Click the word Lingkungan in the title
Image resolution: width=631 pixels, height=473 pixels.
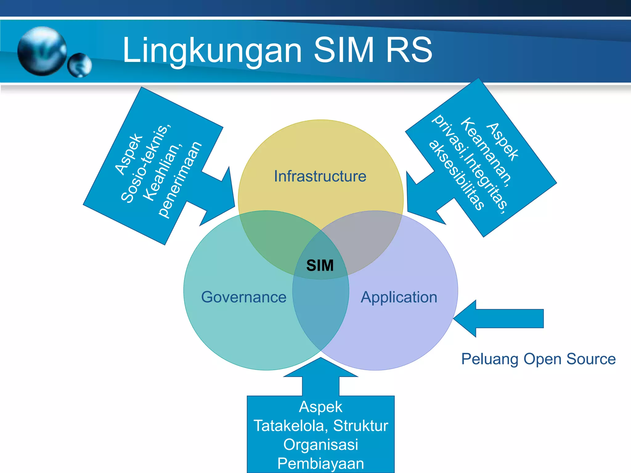click(212, 50)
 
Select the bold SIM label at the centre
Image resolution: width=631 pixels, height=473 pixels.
click(320, 265)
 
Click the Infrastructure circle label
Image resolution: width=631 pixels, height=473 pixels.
click(320, 176)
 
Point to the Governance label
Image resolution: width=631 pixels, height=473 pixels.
click(244, 297)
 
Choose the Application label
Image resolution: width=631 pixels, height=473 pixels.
click(399, 297)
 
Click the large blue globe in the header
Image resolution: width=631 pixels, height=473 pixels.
click(42, 51)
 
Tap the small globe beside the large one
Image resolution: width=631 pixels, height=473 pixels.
click(80, 65)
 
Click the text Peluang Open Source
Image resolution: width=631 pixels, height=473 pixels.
click(538, 359)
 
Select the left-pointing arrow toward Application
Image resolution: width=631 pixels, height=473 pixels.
click(499, 318)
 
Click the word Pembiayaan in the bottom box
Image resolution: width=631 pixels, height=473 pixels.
click(320, 463)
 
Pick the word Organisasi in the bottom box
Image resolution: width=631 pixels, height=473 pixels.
click(320, 444)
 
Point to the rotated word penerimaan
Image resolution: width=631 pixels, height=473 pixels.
click(180, 180)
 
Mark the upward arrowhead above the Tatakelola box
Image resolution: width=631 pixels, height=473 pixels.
click(320, 368)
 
